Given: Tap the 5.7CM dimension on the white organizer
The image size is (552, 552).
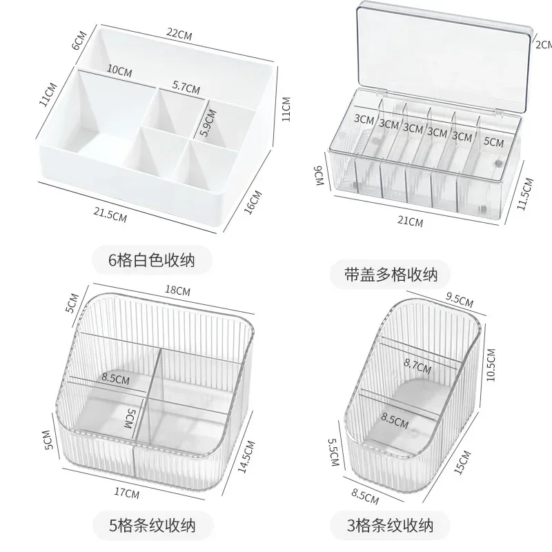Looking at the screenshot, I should click(186, 88).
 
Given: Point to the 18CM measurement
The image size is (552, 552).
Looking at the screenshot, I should click(178, 291).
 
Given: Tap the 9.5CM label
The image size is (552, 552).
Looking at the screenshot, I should click(460, 300).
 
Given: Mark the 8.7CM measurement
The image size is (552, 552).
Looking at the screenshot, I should click(417, 367).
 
